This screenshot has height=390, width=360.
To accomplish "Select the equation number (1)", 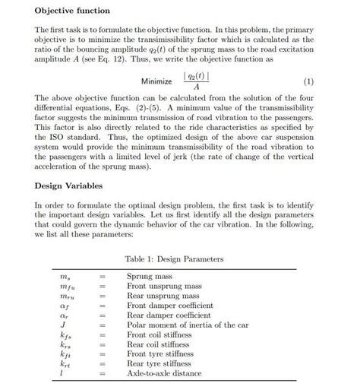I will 308,81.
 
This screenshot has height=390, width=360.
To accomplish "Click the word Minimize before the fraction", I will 158,81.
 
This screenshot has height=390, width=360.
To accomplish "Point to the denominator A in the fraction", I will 197,87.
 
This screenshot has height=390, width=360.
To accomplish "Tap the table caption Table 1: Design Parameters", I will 174,259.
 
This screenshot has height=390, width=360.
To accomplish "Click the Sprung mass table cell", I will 149,277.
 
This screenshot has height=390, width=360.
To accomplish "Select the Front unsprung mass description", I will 164,287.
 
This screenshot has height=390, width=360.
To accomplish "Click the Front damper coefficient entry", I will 169,306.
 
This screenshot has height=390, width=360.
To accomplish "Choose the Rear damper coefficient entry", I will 169,315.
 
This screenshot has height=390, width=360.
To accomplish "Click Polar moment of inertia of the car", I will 188,325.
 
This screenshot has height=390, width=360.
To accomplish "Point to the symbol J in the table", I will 63,325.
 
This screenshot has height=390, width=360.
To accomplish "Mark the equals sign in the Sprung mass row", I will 101,277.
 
